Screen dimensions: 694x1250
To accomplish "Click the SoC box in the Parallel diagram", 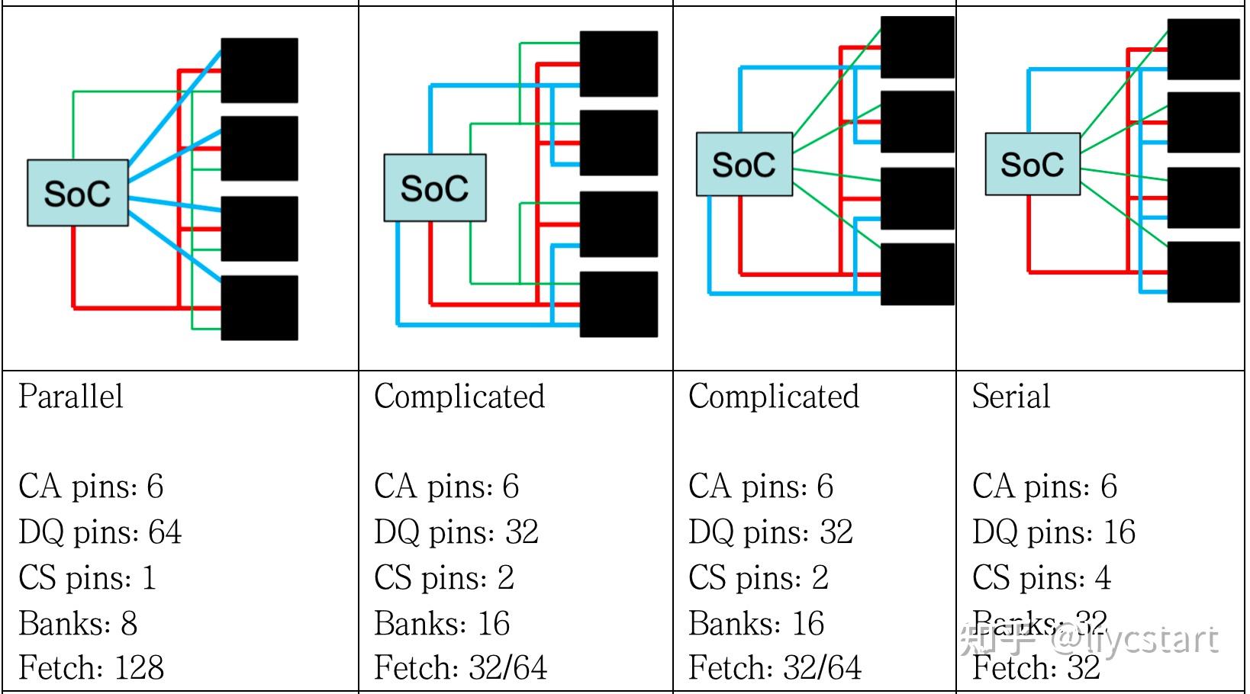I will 77,193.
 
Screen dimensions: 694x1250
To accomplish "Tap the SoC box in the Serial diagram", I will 1032,164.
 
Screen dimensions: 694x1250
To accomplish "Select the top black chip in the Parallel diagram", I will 259,70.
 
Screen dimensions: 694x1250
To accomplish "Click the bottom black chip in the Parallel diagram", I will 259,307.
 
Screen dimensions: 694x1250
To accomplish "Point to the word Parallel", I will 71,397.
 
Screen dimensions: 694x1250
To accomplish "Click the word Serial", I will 1010,397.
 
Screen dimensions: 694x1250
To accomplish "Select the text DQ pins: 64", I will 100,532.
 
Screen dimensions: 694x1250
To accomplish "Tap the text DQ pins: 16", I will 1053,532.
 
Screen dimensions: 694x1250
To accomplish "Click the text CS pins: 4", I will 1041,578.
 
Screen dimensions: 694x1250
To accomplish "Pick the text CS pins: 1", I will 87,578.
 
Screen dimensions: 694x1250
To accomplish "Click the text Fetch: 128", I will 91,668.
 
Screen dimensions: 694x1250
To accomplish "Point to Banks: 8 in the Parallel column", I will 78,624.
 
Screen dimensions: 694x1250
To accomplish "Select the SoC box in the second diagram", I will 434,188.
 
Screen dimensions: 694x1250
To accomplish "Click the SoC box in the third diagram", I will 743,164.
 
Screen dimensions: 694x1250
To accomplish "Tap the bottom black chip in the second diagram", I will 618,304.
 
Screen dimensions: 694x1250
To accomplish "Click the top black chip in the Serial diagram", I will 1203,50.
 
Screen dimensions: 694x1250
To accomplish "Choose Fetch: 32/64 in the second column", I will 460,668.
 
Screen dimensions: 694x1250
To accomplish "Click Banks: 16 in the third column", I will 755,624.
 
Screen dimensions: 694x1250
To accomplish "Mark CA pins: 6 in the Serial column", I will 1044,487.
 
